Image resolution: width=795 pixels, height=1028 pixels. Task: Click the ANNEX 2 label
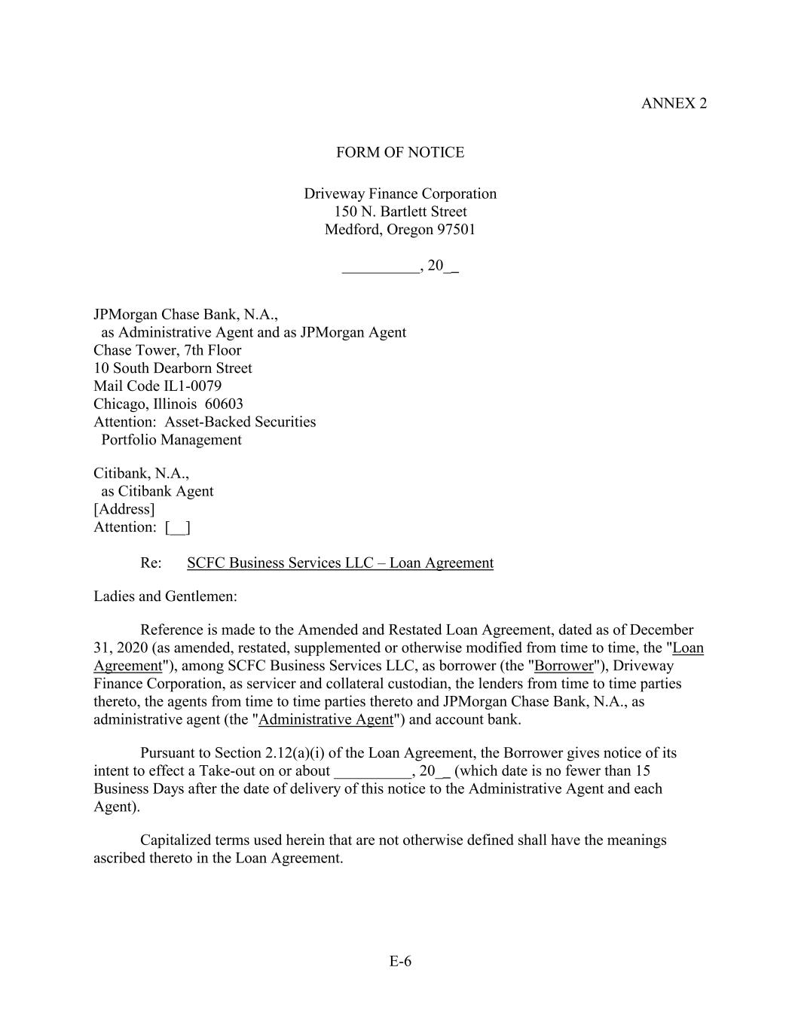click(x=674, y=104)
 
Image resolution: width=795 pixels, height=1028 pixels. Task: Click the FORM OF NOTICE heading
click(x=399, y=153)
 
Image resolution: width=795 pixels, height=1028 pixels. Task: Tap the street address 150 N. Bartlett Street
click(x=400, y=212)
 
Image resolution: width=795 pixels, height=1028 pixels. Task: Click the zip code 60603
click(x=224, y=404)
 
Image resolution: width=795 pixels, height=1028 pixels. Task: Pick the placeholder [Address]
click(x=124, y=509)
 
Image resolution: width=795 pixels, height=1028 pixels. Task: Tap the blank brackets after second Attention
click(x=177, y=527)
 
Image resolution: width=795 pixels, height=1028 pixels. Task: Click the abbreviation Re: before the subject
click(x=151, y=563)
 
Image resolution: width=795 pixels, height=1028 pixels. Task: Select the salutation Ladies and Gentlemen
click(x=165, y=596)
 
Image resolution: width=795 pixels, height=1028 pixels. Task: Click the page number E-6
click(x=400, y=961)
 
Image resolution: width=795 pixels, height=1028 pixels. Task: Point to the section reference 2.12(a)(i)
click(x=298, y=753)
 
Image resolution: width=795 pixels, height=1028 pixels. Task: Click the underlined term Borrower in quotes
click(x=564, y=666)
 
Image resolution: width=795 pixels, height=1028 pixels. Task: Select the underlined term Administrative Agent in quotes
click(x=326, y=719)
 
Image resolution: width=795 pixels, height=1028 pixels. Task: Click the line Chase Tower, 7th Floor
click(x=167, y=350)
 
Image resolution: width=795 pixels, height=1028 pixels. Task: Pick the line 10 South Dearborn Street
click(x=173, y=368)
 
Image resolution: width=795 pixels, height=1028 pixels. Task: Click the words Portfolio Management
click(x=171, y=440)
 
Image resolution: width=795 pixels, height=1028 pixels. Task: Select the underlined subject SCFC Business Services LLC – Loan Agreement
click(x=340, y=563)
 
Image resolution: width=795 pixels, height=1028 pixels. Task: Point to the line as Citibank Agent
click(x=157, y=491)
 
